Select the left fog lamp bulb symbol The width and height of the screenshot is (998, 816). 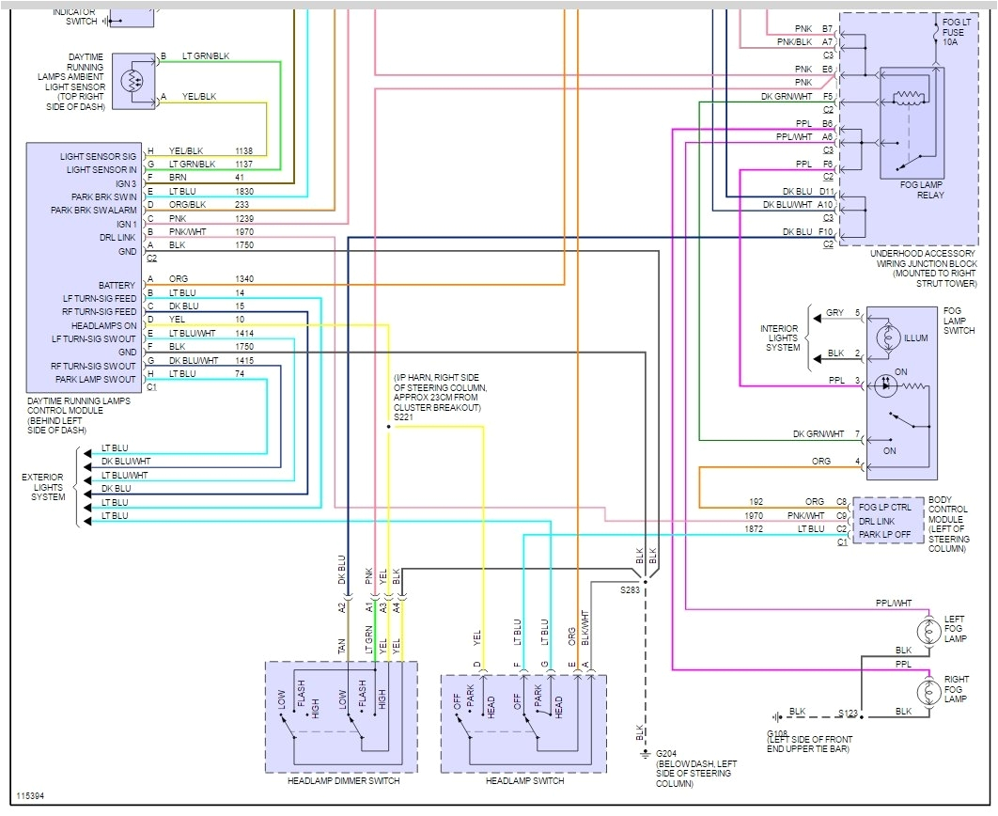pyautogui.click(x=929, y=631)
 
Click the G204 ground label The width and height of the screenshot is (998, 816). pyautogui.click(x=666, y=753)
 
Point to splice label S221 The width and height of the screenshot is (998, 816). pyautogui.click(x=403, y=416)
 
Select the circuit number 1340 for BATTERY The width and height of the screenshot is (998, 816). pyautogui.click(x=244, y=279)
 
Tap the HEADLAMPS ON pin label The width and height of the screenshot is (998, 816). pyautogui.click(x=103, y=325)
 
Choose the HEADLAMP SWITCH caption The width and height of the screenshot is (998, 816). pyautogui.click(x=524, y=781)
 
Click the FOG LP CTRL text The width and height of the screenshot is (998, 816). pyautogui.click(x=885, y=508)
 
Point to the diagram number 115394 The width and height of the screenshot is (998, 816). pyautogui.click(x=29, y=797)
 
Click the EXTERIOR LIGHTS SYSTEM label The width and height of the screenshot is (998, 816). pyautogui.click(x=43, y=487)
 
